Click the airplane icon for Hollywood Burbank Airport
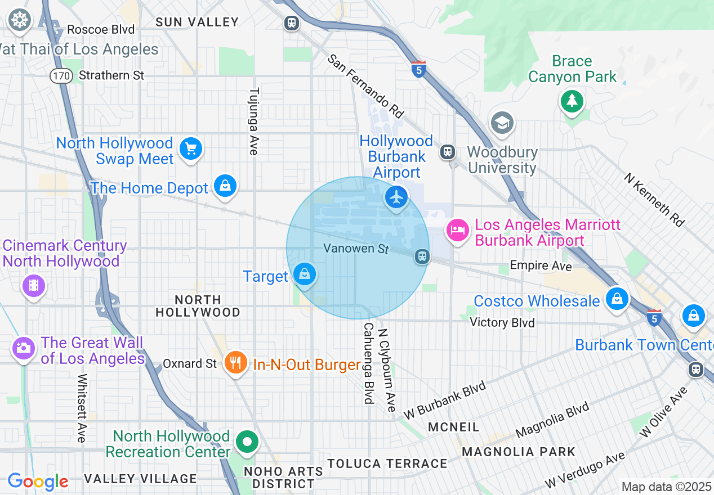pos(397,197)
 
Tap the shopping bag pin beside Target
pos(305,274)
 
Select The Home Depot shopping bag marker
pos(225,186)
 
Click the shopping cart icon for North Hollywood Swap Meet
pos(191,149)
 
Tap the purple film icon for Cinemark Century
pos(33,285)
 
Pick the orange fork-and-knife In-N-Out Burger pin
pos(235,362)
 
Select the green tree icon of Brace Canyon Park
pos(572,101)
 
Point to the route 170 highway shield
pos(60,75)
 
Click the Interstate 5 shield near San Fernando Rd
pos(418,70)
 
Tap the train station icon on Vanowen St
pos(422,256)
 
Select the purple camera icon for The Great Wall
pos(23,348)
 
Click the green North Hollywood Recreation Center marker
pos(247,442)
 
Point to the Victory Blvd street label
pos(502,323)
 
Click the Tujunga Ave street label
pos(254,121)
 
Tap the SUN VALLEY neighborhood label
pos(197,22)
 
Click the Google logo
pos(38,481)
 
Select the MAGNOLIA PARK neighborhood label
pos(519,452)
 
